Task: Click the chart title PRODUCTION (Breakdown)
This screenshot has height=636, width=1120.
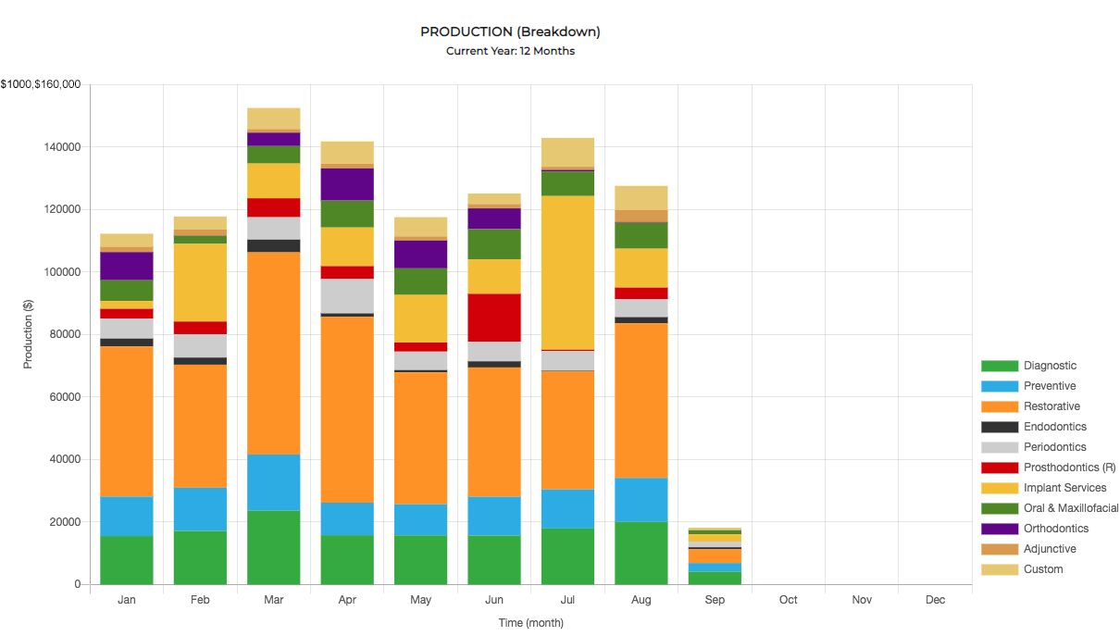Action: click(510, 31)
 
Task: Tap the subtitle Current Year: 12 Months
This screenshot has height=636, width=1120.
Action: click(510, 51)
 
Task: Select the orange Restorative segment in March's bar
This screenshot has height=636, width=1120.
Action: click(274, 353)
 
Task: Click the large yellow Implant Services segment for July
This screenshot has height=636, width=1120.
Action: click(567, 272)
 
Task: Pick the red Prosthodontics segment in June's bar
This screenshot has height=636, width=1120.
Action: click(494, 318)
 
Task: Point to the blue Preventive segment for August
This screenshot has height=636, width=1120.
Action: click(641, 499)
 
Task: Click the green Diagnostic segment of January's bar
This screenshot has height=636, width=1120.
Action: click(127, 560)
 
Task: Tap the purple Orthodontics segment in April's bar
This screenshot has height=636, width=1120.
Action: click(347, 184)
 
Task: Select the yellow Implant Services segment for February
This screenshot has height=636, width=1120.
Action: click(201, 282)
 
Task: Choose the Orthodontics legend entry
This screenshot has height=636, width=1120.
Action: click(1056, 529)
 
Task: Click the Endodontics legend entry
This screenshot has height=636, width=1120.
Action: click(1055, 427)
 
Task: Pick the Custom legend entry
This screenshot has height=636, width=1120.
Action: click(1043, 569)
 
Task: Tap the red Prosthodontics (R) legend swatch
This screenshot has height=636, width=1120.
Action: click(1000, 468)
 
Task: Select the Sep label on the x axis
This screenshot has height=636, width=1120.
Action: click(715, 600)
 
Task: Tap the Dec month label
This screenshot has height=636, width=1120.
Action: click(935, 600)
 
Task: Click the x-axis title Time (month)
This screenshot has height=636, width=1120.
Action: click(531, 623)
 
